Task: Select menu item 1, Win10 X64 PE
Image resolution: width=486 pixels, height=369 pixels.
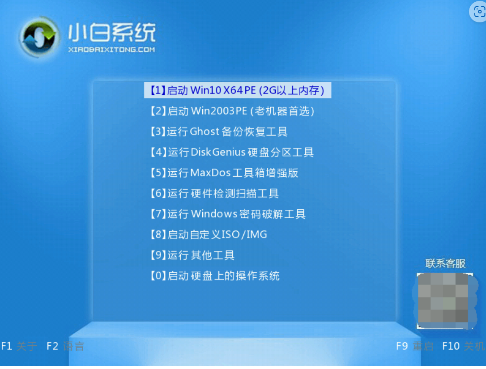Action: (238, 90)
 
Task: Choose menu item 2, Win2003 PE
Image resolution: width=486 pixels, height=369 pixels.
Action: (232, 111)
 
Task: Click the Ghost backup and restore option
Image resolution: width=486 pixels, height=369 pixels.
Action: (219, 131)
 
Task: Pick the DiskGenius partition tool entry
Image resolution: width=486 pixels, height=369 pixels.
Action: (232, 152)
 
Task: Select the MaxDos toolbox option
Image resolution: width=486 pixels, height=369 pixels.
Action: (224, 173)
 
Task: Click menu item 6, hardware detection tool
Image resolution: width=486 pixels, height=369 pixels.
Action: (214, 193)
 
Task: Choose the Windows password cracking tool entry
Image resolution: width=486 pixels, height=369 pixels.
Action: (228, 214)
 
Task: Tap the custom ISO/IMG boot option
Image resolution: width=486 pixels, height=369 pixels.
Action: (209, 234)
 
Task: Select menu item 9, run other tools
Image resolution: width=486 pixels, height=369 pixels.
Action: (192, 255)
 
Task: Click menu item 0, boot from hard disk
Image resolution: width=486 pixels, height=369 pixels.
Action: (215, 276)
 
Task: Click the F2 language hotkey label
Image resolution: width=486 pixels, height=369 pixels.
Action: (65, 346)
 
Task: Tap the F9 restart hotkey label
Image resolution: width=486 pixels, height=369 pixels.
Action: (415, 346)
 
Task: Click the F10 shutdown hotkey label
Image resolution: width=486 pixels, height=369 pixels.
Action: (463, 346)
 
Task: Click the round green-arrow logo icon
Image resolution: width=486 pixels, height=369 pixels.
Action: (39, 37)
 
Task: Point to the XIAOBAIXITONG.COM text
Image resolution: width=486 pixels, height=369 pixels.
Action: (111, 50)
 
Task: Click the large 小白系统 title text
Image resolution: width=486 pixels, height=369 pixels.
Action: (111, 32)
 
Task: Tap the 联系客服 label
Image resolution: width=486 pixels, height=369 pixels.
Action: (445, 263)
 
